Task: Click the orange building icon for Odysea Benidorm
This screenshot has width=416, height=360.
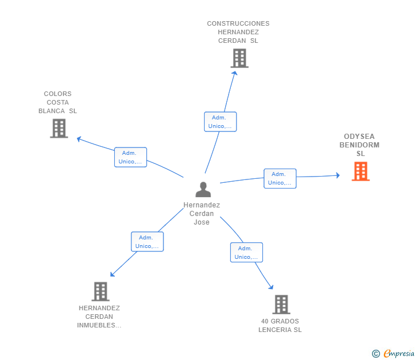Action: (x=361, y=171)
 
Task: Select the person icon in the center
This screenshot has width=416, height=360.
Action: (x=203, y=189)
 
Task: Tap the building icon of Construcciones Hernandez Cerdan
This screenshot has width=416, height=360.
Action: (x=239, y=58)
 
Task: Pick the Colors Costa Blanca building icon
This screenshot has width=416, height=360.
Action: (x=59, y=129)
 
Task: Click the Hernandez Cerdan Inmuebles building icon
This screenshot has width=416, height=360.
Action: (x=101, y=291)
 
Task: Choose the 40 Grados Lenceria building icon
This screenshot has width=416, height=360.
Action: (x=281, y=305)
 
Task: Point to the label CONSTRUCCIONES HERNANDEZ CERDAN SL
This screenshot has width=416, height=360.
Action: (x=238, y=32)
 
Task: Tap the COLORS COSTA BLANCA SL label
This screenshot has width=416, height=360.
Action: (x=58, y=102)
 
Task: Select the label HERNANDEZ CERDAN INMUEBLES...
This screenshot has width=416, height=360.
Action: (x=99, y=317)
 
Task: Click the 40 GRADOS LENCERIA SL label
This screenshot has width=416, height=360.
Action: (x=280, y=325)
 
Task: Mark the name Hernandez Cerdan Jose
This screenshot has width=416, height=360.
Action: (x=202, y=214)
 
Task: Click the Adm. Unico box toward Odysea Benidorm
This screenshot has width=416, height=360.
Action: (x=280, y=178)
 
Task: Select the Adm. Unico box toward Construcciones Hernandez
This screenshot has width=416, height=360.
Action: (x=220, y=122)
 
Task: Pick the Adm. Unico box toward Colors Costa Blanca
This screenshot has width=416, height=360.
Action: (x=130, y=157)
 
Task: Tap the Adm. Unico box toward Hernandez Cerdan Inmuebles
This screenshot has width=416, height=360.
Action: (x=147, y=242)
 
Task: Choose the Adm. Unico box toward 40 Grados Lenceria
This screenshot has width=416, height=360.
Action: (x=246, y=253)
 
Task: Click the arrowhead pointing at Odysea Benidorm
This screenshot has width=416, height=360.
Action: (x=337, y=175)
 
